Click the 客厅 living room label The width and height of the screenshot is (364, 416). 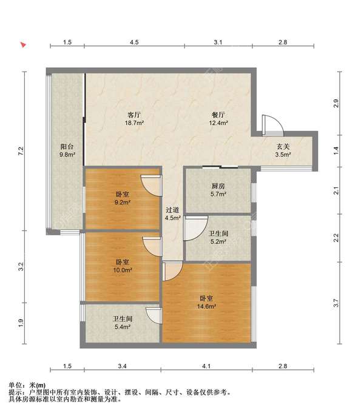click(134, 115)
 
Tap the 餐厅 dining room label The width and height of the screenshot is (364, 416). click(218, 115)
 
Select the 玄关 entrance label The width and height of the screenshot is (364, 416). click(283, 147)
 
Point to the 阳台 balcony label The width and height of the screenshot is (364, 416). click(67, 147)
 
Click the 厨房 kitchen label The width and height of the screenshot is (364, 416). click(218, 186)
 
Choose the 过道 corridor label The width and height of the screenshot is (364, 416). click(172, 210)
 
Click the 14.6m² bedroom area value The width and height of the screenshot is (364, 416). click(206, 306)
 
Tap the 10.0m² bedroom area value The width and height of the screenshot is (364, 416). click(123, 270)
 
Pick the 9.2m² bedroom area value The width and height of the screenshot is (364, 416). click(123, 203)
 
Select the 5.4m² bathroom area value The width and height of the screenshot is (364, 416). click(123, 327)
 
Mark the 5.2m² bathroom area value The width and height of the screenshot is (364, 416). click(218, 241)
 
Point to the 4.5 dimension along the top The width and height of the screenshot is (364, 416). click(134, 42)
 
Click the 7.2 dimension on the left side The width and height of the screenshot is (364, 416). click(21, 151)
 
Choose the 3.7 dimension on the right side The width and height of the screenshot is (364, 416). click(336, 303)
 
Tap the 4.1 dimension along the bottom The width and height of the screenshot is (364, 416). click(206, 366)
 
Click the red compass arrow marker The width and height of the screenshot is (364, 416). click(24, 45)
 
